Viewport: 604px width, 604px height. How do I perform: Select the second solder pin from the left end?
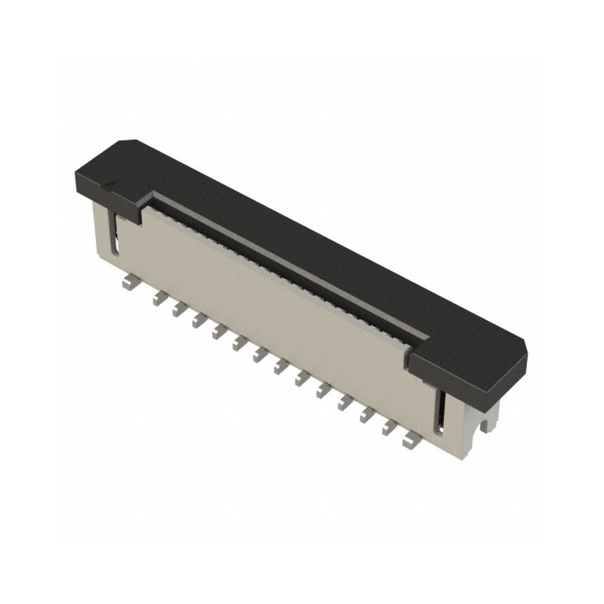[x=158, y=298]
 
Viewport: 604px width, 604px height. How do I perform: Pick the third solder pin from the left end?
[x=178, y=310]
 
